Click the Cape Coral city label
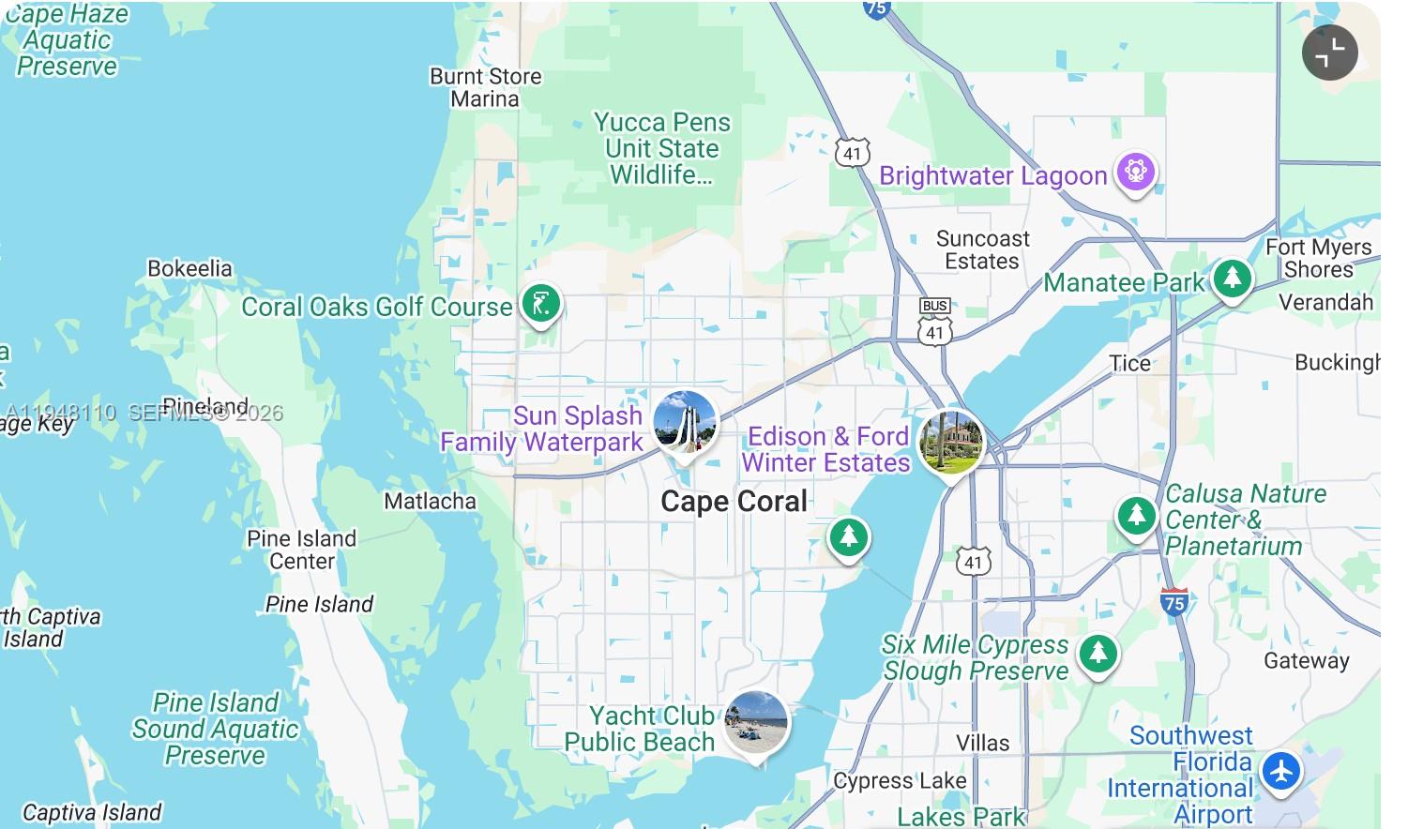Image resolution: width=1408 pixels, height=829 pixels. (734, 502)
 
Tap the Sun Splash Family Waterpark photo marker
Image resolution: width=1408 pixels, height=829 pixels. (685, 424)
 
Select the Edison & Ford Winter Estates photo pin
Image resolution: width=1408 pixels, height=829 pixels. (950, 442)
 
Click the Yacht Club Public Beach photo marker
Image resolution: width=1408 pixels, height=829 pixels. (756, 723)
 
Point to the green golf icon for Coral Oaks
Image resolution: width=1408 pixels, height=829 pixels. (541, 304)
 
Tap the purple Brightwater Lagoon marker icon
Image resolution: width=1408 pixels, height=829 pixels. (1135, 173)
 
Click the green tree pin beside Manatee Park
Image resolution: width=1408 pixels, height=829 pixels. (1232, 279)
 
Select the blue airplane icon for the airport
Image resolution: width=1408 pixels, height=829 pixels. (1280, 772)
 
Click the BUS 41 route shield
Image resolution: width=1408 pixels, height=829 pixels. (934, 321)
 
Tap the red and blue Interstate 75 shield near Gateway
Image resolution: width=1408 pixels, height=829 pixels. (1173, 601)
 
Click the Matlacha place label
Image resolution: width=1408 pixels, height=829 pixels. (430, 502)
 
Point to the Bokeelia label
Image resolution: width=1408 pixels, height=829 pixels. (189, 268)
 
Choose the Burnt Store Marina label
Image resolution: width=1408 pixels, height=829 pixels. (485, 87)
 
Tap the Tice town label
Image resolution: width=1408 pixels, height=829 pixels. (1129, 364)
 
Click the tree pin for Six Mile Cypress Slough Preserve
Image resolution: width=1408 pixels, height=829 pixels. (1098, 653)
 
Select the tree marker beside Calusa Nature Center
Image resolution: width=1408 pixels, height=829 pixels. (1136, 516)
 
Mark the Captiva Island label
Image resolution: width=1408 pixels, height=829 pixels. (92, 812)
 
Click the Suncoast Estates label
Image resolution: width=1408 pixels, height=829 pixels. (982, 250)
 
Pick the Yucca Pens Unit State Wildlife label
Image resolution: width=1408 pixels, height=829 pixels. (661, 148)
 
